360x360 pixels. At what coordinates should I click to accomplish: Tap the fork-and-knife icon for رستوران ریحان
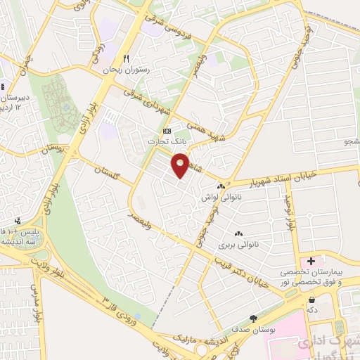(127, 59)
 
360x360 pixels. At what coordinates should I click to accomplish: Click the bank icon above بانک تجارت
(167, 131)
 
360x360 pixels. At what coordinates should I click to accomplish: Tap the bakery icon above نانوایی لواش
(221, 187)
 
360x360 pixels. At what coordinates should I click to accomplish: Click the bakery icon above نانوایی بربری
(237, 234)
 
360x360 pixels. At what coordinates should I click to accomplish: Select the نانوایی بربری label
(235, 245)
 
